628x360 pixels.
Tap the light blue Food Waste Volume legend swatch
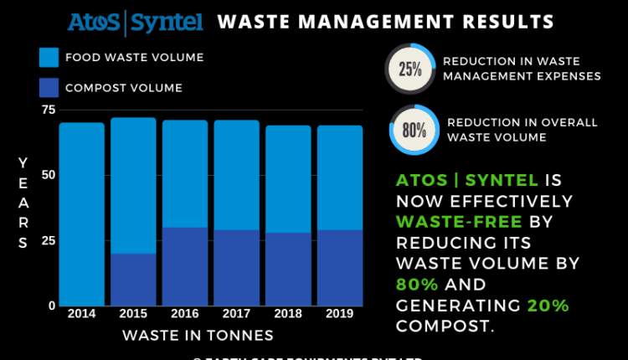(49, 58)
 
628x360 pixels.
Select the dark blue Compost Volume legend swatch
(49, 87)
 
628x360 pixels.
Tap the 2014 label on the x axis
(81, 314)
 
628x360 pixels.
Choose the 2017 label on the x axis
(236, 314)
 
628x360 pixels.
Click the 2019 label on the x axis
(340, 314)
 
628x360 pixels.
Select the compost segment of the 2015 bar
(133, 280)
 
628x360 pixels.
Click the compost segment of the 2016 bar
(185, 266)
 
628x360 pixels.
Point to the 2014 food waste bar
(81, 214)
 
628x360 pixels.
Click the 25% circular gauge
(409, 69)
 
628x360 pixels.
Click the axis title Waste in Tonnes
(198, 336)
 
